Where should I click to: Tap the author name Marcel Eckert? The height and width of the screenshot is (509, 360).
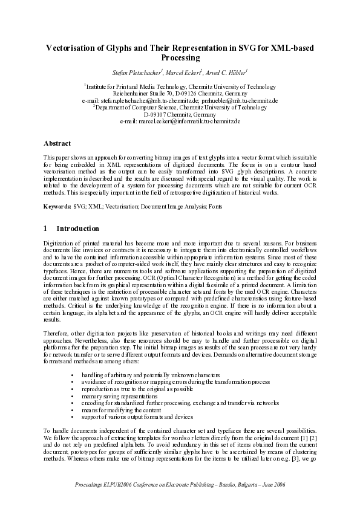183,73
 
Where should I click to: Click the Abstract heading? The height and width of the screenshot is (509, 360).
57,143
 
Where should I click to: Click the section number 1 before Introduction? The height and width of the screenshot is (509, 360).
46,229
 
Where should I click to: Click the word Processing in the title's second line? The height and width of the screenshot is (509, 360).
180,58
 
